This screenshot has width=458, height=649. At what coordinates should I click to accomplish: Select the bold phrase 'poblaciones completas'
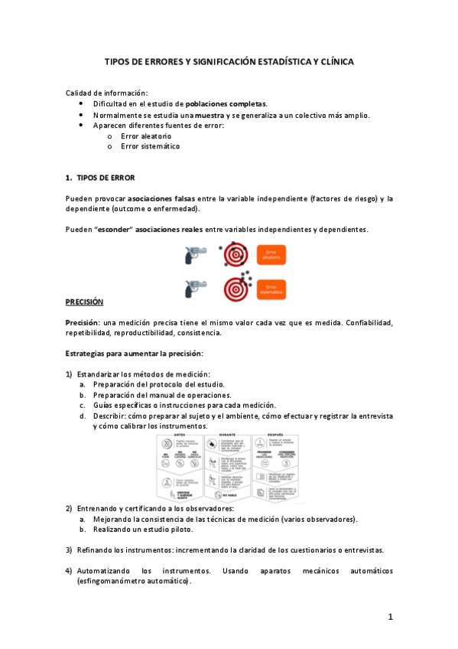pyautogui.click(x=226, y=104)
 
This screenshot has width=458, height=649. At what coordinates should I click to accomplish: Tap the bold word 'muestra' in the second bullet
pyautogui.click(x=210, y=115)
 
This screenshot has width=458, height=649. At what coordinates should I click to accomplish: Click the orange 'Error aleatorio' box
pyautogui.click(x=271, y=256)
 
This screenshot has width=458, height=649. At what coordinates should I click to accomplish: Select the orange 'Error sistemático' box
pyautogui.click(x=271, y=289)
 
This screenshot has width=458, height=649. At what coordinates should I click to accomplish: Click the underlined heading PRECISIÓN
pyautogui.click(x=84, y=302)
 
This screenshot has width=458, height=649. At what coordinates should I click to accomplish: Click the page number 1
pyautogui.click(x=389, y=616)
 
